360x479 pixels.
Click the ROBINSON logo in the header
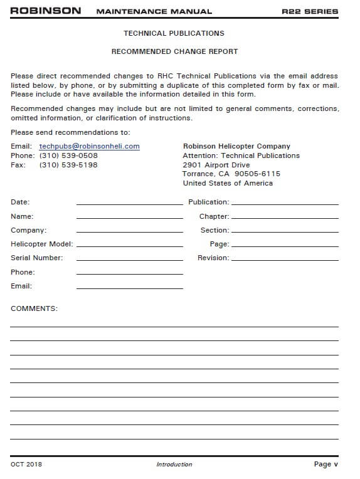pos(46,11)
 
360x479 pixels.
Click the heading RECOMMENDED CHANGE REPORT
pos(174,51)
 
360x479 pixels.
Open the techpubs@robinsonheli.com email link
pos(89,146)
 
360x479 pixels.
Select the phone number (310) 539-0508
pos(68,155)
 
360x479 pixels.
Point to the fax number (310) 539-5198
pos(68,165)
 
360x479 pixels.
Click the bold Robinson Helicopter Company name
pos(236,146)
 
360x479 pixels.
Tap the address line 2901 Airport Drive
pos(216,165)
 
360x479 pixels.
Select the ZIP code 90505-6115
pos(257,174)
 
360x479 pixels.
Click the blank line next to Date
pos(129,203)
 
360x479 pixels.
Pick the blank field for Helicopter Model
pos(129,245)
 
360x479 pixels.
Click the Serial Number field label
pos(37,258)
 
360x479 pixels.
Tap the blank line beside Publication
pos(285,203)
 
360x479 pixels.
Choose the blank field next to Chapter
pos(285,217)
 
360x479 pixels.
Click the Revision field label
pos(213,258)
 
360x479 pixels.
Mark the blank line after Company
pos(129,231)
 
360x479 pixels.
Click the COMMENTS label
pos(34,308)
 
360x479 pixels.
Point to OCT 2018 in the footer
pos(26,465)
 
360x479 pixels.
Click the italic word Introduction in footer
pos(174,465)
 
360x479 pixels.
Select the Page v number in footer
pos(326,465)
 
